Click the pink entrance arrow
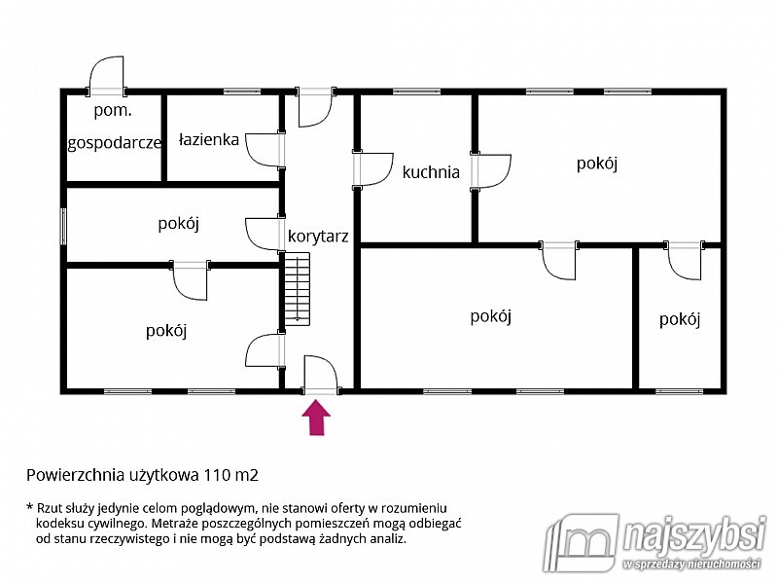[318, 418]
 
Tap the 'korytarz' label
[318, 236]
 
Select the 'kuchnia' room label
[431, 172]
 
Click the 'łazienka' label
[208, 139]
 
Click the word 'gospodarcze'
[114, 143]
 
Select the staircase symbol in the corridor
[297, 288]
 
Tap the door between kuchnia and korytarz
[371, 168]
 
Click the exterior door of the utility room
[105, 76]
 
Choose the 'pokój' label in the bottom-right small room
[679, 319]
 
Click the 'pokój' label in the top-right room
[597, 164]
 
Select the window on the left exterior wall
[64, 226]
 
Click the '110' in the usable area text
[216, 475]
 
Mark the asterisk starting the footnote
[29, 508]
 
